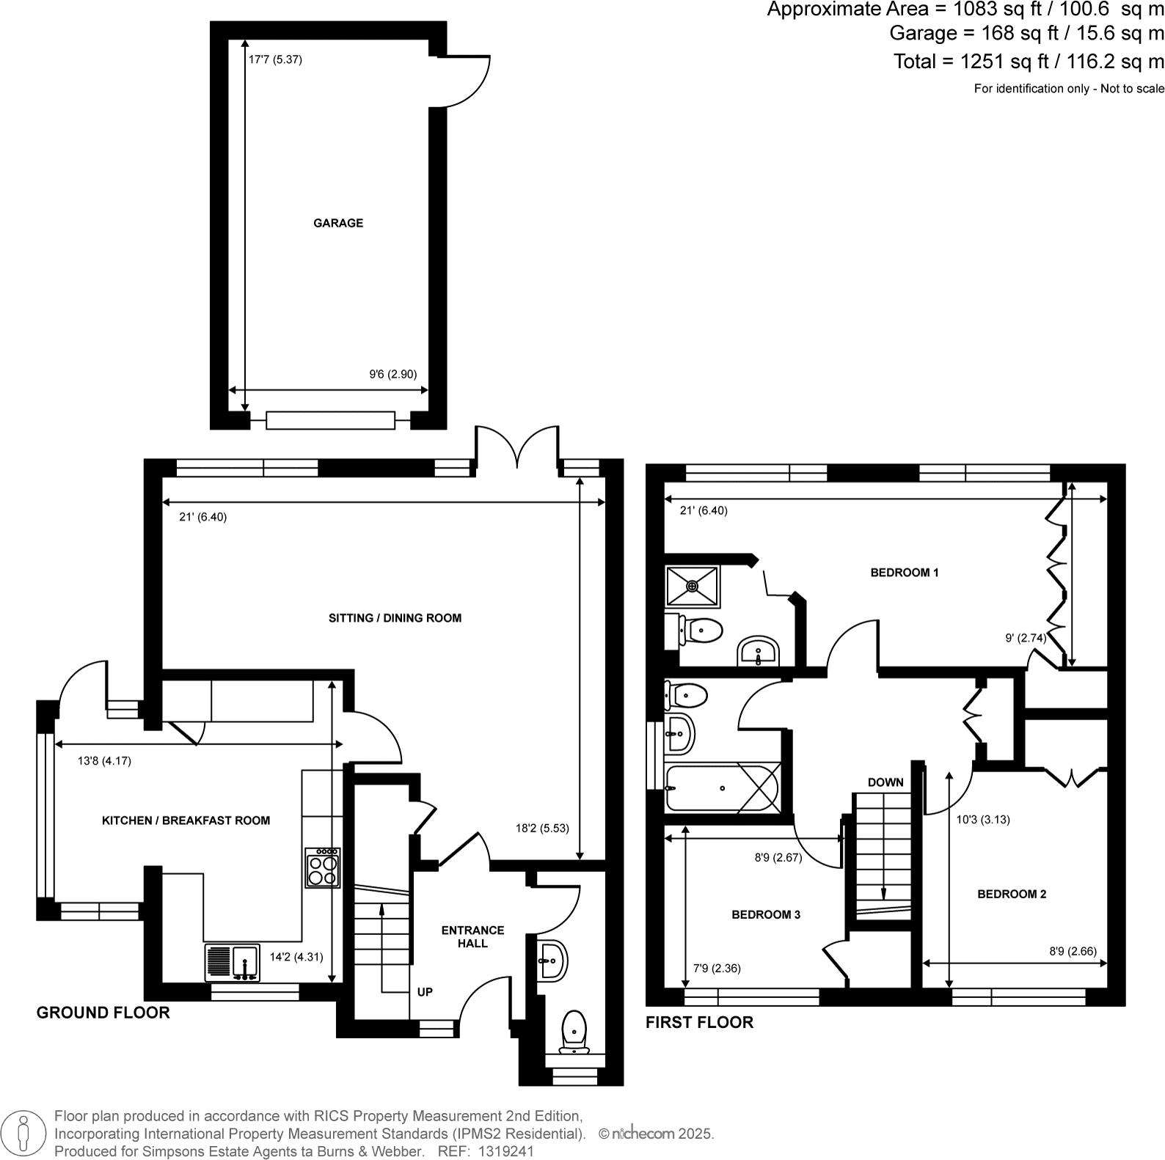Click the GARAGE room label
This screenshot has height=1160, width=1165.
(x=338, y=223)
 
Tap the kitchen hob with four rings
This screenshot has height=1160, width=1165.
(x=323, y=868)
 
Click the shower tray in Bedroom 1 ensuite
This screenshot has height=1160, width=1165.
(x=693, y=586)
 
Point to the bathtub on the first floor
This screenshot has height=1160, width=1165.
(x=722, y=788)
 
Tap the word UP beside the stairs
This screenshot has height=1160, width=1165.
(x=425, y=991)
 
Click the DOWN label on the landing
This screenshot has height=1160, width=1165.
(x=885, y=782)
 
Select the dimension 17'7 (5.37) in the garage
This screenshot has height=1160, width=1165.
(x=275, y=59)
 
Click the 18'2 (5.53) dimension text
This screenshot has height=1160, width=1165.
(x=542, y=829)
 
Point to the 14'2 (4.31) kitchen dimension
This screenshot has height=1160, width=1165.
(x=296, y=957)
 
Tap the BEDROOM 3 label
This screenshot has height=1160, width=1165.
(x=766, y=914)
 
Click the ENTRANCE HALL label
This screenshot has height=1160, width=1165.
(x=472, y=936)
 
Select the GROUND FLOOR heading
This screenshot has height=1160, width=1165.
(x=103, y=1013)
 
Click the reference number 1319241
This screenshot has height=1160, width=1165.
(x=505, y=1151)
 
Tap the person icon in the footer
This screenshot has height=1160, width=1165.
(x=24, y=1133)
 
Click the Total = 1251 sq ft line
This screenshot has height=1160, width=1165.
(x=1028, y=62)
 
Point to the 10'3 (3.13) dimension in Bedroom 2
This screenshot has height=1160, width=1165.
(x=983, y=820)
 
